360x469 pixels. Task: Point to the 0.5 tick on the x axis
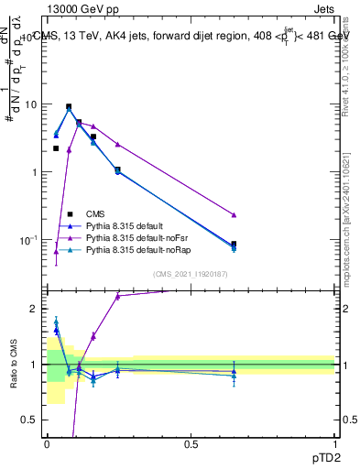click(191, 443)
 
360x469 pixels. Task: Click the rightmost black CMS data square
click(234, 245)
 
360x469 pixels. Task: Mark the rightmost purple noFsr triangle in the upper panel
click(234, 214)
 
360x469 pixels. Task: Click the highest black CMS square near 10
click(69, 106)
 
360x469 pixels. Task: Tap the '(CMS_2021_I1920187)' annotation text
click(191, 274)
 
